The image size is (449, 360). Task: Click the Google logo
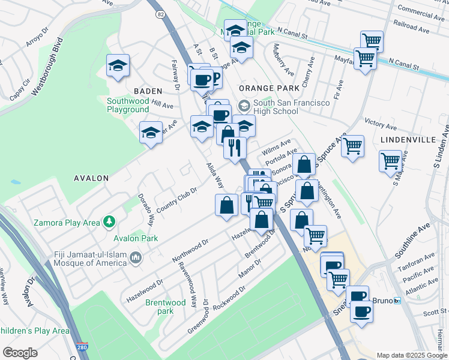coord(20,353)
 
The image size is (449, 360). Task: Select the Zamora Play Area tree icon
coord(109,223)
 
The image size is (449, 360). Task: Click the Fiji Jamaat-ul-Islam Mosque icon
coord(136,258)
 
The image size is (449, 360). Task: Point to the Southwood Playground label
coord(128,105)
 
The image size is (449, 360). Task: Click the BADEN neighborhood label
coord(148,91)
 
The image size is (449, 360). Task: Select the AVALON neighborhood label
coord(91,178)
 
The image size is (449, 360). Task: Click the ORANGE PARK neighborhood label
coord(269,88)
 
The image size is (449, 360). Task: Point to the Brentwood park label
coord(166,307)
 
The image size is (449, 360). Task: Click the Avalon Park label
coord(139,238)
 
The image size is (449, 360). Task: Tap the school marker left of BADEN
coord(118,67)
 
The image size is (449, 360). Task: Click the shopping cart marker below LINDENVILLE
coord(391,161)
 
